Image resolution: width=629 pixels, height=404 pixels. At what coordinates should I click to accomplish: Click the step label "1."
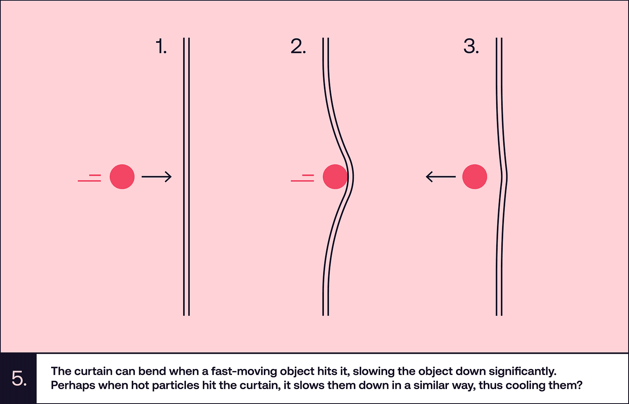coord(161,46)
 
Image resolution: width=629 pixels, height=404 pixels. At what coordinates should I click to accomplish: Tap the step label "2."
coord(298,46)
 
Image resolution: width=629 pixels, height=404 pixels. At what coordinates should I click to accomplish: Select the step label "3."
coord(471,46)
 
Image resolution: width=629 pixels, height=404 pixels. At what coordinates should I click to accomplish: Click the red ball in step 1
coord(122,176)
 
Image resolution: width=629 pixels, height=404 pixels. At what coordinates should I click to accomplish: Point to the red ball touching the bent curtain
coord(335,176)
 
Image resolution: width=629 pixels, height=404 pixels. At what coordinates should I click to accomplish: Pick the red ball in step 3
coord(475,176)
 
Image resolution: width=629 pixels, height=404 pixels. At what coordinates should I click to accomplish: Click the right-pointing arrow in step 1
coord(157,176)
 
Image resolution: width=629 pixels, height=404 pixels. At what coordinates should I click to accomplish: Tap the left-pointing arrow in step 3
coord(441,176)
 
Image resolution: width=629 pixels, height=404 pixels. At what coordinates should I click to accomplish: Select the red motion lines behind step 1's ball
coord(89,178)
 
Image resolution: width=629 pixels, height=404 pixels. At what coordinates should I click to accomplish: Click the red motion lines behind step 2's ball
coord(302,178)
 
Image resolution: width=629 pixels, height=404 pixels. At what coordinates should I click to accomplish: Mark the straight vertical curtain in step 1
coord(186,176)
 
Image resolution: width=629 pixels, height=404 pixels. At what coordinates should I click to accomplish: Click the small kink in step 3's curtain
coord(505,176)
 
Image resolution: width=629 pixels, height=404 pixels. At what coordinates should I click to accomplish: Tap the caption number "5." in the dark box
coord(19,378)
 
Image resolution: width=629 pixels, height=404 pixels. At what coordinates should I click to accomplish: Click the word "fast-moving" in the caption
coord(244,371)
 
